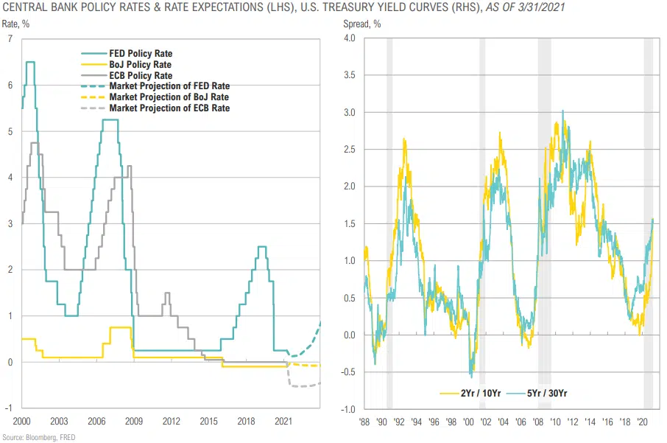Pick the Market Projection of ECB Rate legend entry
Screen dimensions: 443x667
tap(169, 108)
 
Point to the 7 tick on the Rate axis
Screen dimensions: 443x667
tap(10, 39)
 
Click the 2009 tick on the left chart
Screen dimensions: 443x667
tap(134, 422)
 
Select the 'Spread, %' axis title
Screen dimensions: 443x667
tap(363, 24)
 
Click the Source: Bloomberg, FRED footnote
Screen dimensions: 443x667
tap(38, 437)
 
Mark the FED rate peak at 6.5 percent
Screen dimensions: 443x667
tap(30, 62)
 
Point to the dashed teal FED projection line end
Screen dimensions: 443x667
tap(320, 322)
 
